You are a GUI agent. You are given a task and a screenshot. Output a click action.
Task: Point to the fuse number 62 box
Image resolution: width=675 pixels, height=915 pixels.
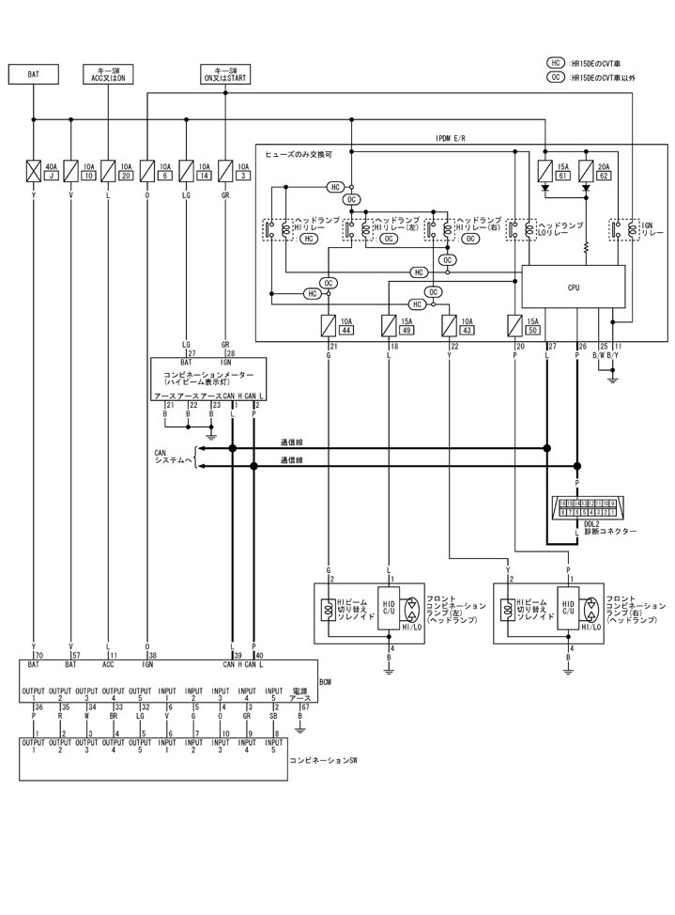click(x=603, y=176)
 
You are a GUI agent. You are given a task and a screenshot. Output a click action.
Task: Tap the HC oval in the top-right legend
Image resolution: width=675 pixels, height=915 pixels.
click(x=556, y=63)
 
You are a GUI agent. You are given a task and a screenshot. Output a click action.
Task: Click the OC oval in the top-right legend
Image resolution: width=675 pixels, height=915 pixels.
click(x=556, y=77)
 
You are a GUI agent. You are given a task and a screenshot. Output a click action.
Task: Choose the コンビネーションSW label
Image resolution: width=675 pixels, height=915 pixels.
click(x=324, y=757)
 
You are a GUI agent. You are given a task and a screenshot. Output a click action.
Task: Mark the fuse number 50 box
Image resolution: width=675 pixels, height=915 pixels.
click(x=532, y=332)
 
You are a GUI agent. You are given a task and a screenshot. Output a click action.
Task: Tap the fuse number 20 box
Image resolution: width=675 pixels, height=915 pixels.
click(x=126, y=176)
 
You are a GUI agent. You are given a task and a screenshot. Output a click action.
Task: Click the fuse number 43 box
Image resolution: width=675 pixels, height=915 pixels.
click(x=467, y=332)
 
